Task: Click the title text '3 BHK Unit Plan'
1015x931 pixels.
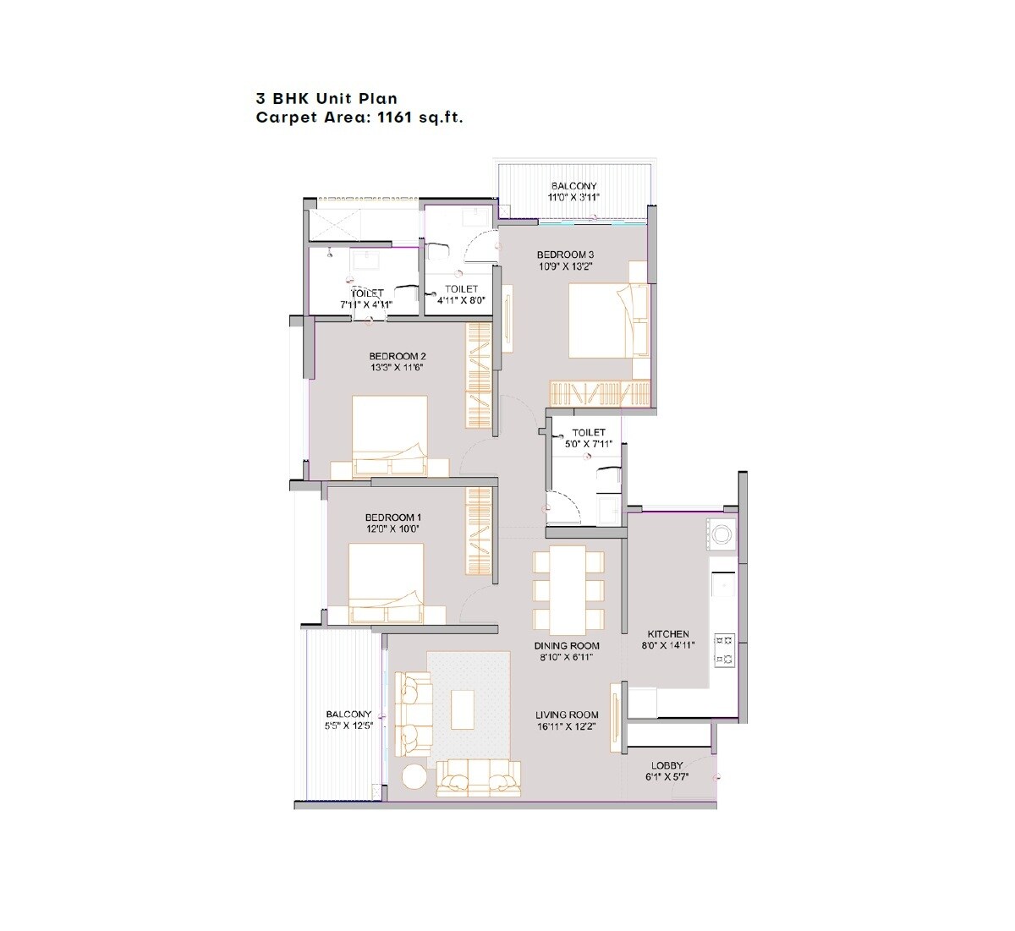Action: click(326, 100)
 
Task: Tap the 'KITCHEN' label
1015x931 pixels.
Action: click(668, 634)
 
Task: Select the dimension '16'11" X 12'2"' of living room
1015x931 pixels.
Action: click(568, 726)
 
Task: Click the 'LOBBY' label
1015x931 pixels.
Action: click(667, 766)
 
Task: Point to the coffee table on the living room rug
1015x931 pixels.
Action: click(462, 709)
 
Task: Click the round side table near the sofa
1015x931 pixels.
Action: click(414, 777)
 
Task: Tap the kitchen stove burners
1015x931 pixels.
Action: click(724, 649)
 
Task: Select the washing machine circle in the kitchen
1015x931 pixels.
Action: click(722, 534)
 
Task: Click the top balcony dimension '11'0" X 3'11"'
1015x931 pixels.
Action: click(573, 197)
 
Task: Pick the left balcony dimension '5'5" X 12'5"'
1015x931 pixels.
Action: click(348, 726)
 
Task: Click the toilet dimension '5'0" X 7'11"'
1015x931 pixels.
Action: click(588, 443)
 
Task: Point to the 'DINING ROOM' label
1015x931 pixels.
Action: click(567, 646)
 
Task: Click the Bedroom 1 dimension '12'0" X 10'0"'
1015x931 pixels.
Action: click(392, 528)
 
